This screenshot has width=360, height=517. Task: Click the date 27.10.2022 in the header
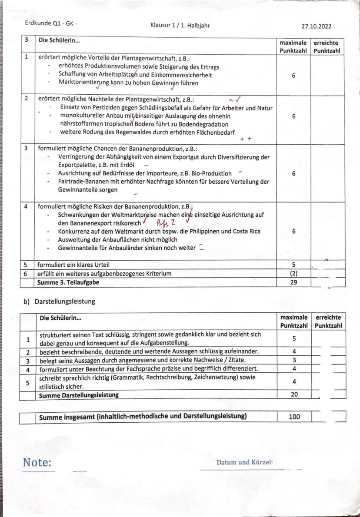[316, 26]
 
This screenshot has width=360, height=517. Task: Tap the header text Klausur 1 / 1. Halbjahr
[180, 26]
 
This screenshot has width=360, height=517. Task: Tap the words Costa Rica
[245, 231]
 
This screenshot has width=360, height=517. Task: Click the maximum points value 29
[293, 282]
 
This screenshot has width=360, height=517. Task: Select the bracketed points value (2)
[293, 273]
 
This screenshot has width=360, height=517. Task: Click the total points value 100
[294, 417]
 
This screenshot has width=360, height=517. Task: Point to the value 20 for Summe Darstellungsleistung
[294, 395]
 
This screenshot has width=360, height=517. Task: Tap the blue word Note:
[37, 462]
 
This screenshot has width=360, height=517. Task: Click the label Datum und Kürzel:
[244, 462]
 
